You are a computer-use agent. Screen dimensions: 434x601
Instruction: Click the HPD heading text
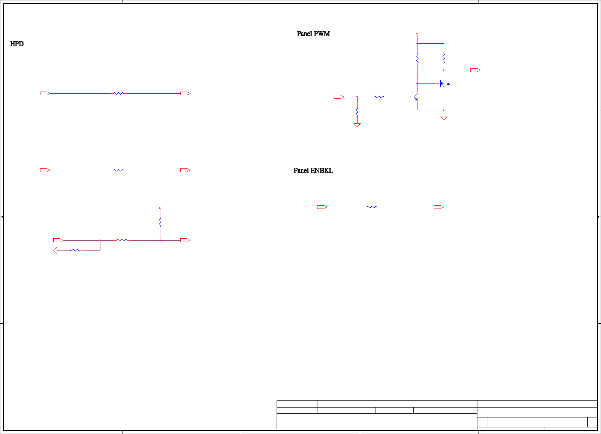pyautogui.click(x=17, y=44)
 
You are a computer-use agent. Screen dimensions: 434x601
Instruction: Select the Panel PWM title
pyautogui.click(x=313, y=34)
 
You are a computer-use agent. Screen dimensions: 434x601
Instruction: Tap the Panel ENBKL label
pyautogui.click(x=313, y=171)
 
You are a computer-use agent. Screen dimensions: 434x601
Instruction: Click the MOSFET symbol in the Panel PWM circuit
pyautogui.click(x=444, y=83)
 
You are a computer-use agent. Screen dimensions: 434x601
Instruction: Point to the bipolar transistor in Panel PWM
pyautogui.click(x=416, y=97)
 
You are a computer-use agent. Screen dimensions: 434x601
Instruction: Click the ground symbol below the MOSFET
pyautogui.click(x=444, y=118)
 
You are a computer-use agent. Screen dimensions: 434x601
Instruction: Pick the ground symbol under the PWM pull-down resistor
pyautogui.click(x=357, y=125)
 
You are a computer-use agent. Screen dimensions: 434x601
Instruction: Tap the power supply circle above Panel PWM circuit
pyautogui.click(x=417, y=34)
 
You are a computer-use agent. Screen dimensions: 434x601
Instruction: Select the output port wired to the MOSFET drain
pyautogui.click(x=476, y=70)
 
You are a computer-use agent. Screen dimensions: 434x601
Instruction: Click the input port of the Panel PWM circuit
pyautogui.click(x=339, y=97)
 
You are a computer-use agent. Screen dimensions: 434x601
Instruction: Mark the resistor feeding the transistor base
pyautogui.click(x=379, y=97)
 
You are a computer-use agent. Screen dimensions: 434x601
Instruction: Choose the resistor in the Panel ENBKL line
pyautogui.click(x=372, y=207)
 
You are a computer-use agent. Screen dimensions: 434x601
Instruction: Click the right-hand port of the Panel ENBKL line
pyautogui.click(x=439, y=207)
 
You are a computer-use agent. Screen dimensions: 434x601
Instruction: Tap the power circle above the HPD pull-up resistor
pyautogui.click(x=160, y=208)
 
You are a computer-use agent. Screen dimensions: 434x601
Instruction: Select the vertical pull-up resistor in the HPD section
pyautogui.click(x=160, y=222)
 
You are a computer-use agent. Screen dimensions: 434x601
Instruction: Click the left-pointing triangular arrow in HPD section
pyautogui.click(x=55, y=250)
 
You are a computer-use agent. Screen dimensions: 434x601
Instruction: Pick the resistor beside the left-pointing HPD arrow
pyautogui.click(x=75, y=250)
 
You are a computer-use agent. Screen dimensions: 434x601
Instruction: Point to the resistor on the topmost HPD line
pyautogui.click(x=118, y=93)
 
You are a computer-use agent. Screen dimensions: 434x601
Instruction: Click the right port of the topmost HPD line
pyautogui.click(x=185, y=93)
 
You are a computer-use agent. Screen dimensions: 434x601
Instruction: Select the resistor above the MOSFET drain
pyautogui.click(x=444, y=58)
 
